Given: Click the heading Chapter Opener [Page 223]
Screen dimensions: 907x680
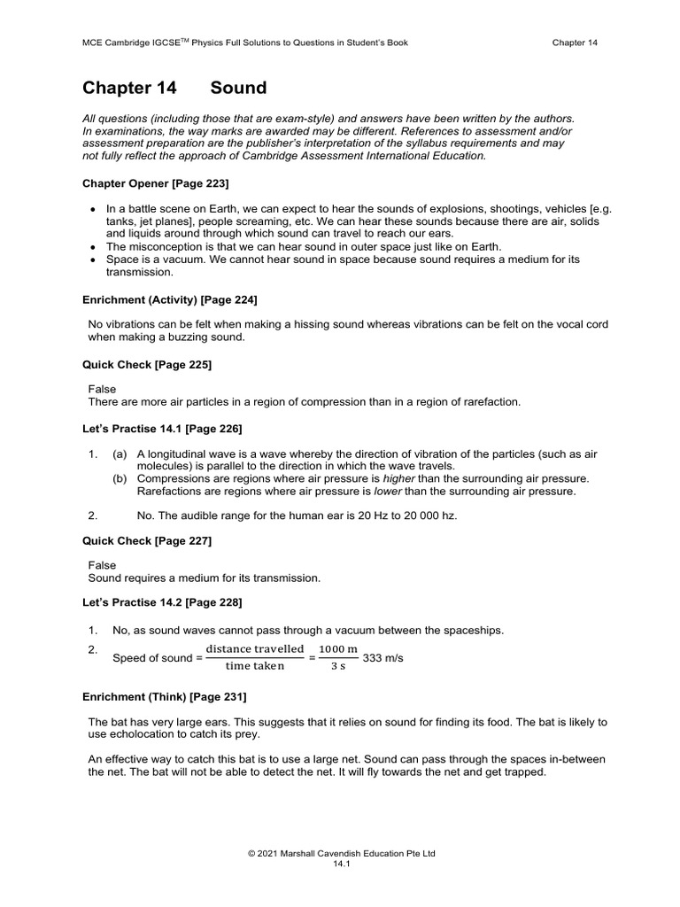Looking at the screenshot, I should tap(156, 183).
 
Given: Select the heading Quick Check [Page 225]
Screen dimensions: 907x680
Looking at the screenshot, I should tap(147, 364).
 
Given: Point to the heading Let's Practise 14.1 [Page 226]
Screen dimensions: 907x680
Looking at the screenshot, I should tap(162, 429).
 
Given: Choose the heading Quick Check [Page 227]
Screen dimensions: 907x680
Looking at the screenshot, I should tap(147, 540).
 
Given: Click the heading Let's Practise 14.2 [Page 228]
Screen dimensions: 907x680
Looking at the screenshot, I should tap(162, 602).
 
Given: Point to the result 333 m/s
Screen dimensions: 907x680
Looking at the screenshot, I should tap(382, 659).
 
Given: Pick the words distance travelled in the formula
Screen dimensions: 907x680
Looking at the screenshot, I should tap(255, 650).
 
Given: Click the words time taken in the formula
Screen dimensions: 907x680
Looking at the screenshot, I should tap(255, 667).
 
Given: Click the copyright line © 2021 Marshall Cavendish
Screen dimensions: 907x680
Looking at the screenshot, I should tap(341, 854).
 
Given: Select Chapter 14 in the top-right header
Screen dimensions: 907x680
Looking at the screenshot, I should tap(575, 42).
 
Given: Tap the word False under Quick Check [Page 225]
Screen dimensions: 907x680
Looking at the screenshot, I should tap(102, 389).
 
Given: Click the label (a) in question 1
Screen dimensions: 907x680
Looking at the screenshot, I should tap(120, 454).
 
